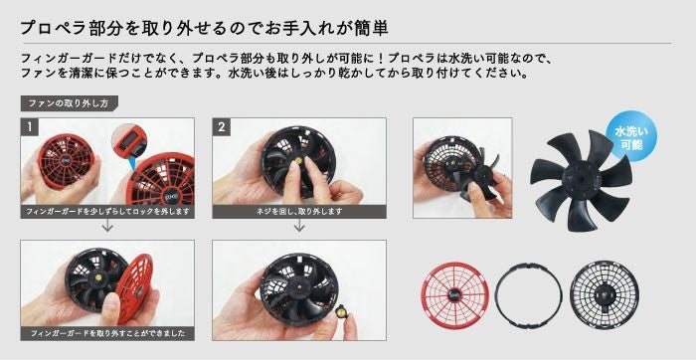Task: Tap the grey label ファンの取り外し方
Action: coord(70,102)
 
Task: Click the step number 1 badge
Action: coord(31,126)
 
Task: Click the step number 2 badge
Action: coord(222,126)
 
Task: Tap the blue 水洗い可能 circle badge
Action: coord(631,137)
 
